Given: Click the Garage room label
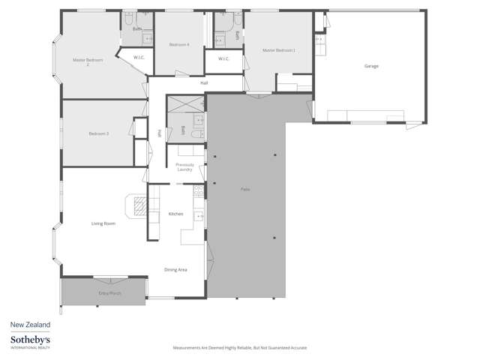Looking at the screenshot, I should click(371, 66).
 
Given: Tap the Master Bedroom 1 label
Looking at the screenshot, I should click(279, 50).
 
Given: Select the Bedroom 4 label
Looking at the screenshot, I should click(179, 45).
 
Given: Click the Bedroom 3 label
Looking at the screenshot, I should click(99, 133).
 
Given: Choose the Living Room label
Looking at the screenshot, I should click(103, 223).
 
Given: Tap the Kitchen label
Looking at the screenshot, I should click(176, 214).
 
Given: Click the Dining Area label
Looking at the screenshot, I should click(175, 269).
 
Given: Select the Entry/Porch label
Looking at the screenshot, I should click(109, 292).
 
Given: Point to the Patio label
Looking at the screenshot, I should click(245, 188).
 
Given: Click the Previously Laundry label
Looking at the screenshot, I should click(185, 167).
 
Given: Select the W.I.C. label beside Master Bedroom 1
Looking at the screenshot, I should click(223, 58).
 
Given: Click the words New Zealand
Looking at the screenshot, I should click(30, 325).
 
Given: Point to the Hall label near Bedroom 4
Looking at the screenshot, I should click(204, 82).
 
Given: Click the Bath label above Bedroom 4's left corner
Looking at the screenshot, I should click(137, 29).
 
